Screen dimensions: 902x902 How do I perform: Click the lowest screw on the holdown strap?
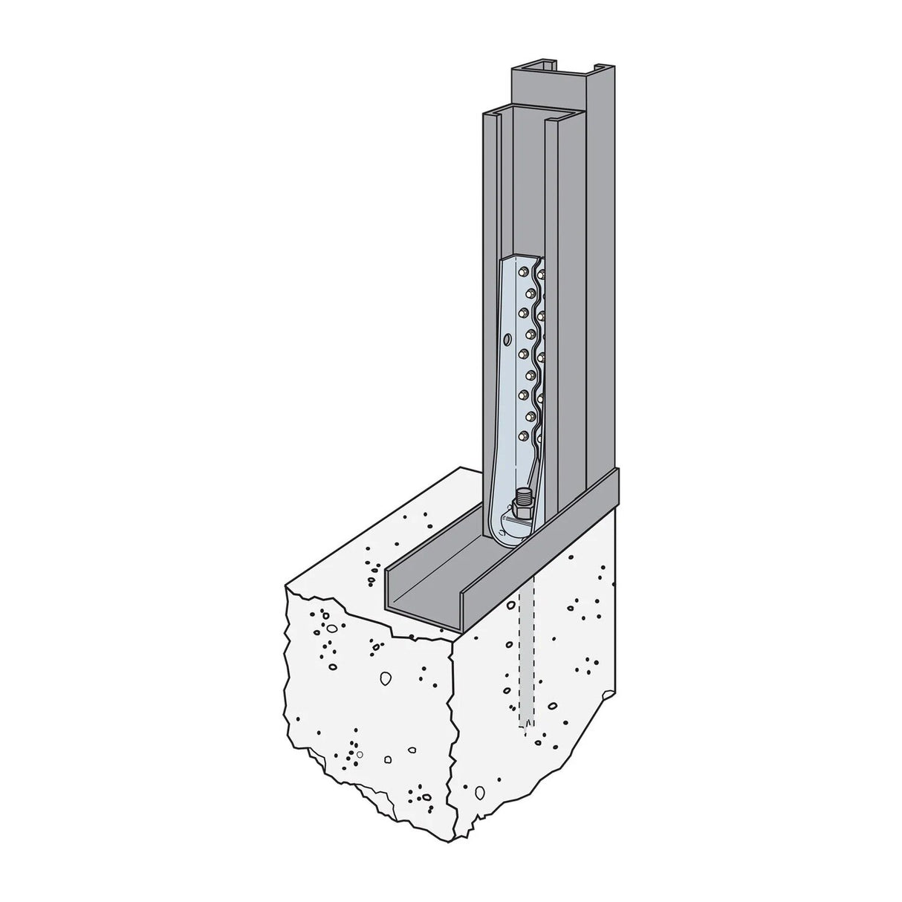(x=523, y=435)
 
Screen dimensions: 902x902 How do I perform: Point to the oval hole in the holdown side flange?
(x=506, y=340)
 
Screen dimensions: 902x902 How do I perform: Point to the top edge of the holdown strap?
(x=520, y=257)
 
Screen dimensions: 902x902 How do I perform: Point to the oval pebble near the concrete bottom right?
(x=554, y=706)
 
